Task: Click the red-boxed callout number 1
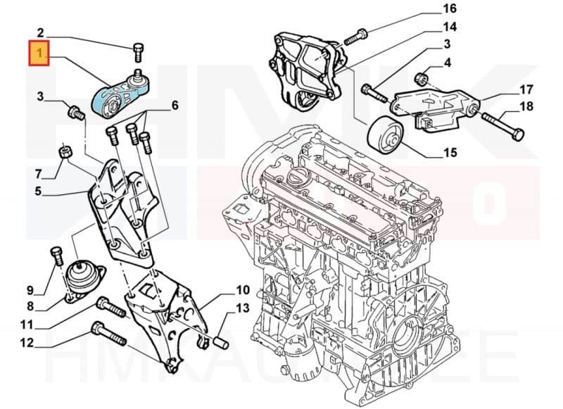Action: (x=39, y=53)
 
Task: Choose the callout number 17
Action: (x=526, y=89)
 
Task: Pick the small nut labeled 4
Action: (x=422, y=77)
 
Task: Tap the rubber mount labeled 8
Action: (x=85, y=279)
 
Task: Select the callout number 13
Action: (x=242, y=308)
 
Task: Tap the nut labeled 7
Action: (x=63, y=151)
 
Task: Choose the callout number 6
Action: (x=175, y=106)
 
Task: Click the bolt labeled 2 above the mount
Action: (x=138, y=51)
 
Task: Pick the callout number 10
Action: (x=242, y=289)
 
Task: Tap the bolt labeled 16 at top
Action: (x=361, y=32)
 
